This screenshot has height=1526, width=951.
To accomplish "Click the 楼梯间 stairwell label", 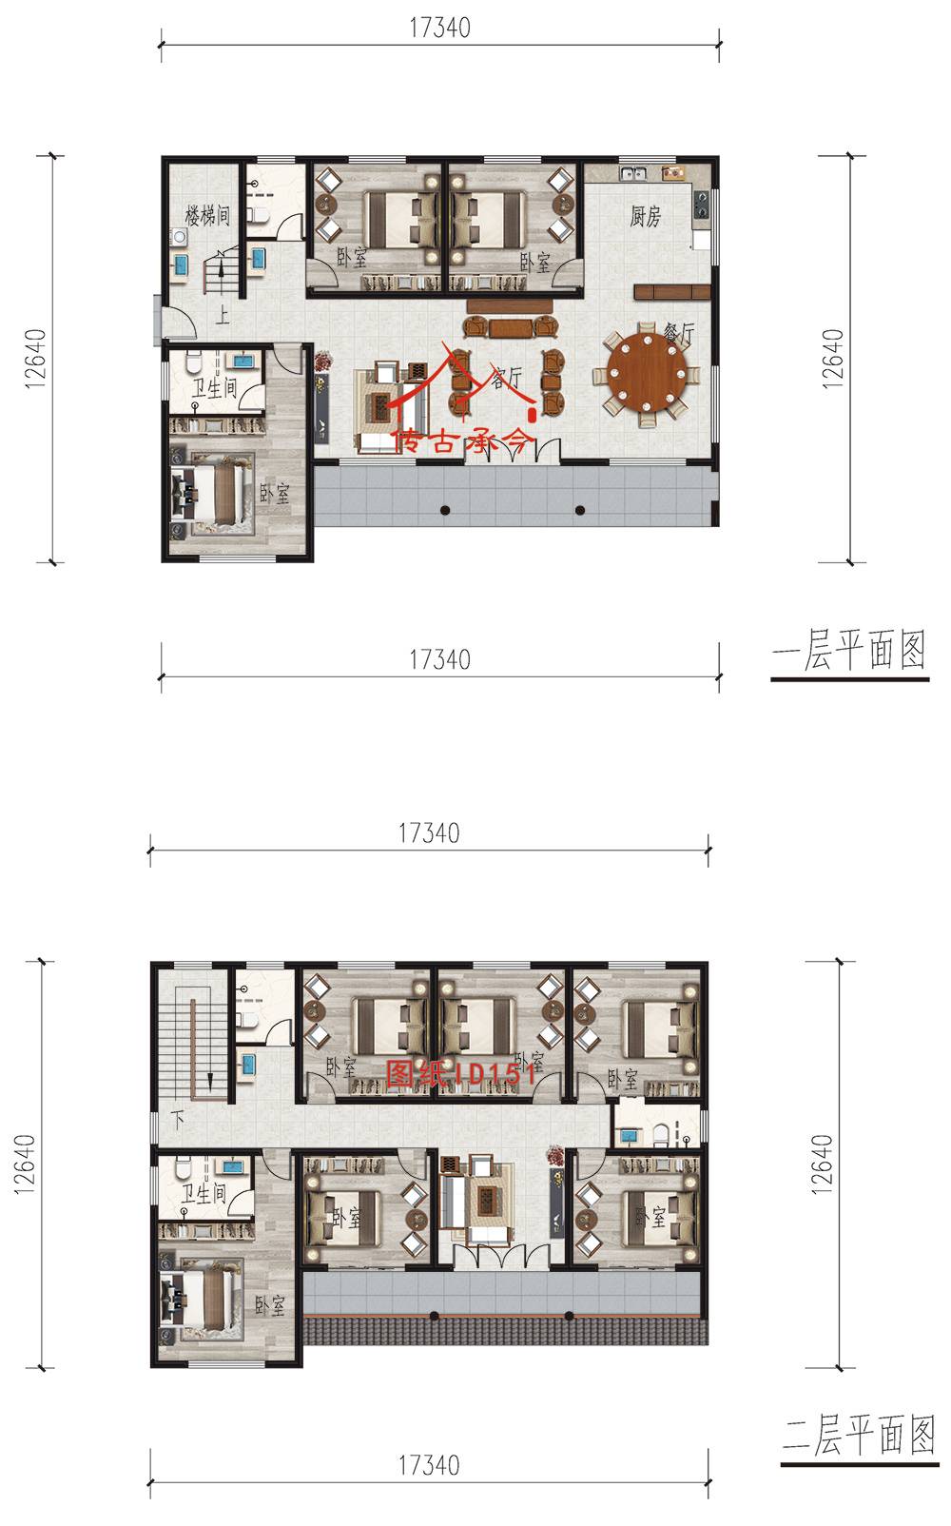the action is coord(207,216).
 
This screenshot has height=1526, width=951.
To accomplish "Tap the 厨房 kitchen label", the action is coord(645,216).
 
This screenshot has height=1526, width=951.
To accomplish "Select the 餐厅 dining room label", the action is coord(679,333).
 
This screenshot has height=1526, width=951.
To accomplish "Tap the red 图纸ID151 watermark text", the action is coord(461,1073).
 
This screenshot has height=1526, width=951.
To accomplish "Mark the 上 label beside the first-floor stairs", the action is coord(222,316).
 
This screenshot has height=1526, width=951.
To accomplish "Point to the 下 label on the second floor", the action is coord(178,1120).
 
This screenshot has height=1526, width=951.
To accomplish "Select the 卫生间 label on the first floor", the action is coord(214,388).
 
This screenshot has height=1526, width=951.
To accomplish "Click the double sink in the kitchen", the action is coord(632,174).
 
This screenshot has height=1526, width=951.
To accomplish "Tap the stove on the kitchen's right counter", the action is coord(701,204).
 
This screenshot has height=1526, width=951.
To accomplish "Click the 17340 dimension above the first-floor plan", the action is coord(439,28).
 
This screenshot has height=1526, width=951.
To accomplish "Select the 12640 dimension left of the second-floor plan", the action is coord(24,1164).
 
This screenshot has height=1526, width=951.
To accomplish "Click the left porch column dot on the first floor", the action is coord(445,510).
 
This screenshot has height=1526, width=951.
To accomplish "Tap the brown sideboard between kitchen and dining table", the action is coord(672,292).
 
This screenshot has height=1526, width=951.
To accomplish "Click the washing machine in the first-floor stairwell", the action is coord(179,238).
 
